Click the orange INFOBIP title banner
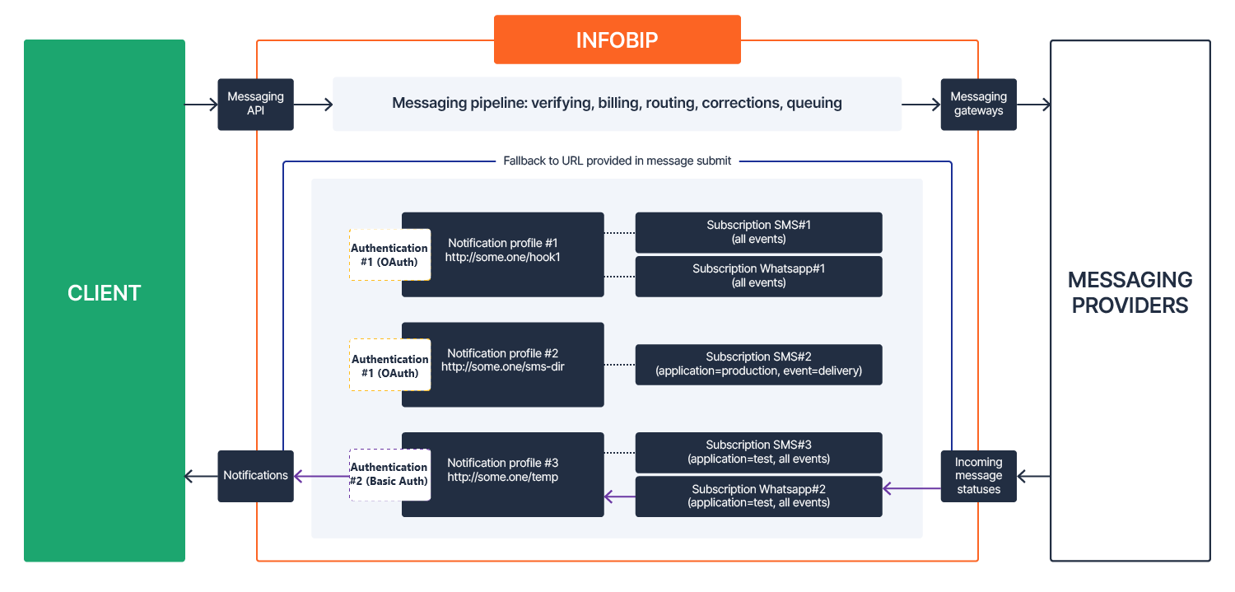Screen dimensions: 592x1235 pyautogui.click(x=617, y=40)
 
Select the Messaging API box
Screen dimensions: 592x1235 pyautogui.click(x=255, y=104)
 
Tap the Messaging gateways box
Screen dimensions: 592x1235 pyautogui.click(x=978, y=104)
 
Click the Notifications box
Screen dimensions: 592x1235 pyautogui.click(x=255, y=475)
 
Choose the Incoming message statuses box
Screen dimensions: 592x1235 pyautogui.click(x=978, y=475)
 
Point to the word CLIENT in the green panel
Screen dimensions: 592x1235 pyautogui.click(x=105, y=293)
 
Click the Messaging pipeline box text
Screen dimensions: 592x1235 pyautogui.click(x=617, y=104)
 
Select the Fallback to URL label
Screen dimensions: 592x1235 pyautogui.click(x=617, y=161)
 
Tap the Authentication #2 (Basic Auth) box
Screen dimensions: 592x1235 pyautogui.click(x=389, y=474)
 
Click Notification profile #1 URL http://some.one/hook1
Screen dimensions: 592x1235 pyautogui.click(x=502, y=257)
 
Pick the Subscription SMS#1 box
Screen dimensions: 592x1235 pyautogui.click(x=758, y=232)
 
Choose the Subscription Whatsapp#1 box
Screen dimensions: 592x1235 pyautogui.click(x=758, y=276)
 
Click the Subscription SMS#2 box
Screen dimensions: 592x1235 pyautogui.click(x=758, y=364)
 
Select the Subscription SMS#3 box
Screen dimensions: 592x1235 pyautogui.click(x=758, y=452)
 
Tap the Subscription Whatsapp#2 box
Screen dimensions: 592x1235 pyautogui.click(x=758, y=496)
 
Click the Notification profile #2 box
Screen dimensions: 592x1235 pyautogui.click(x=502, y=364)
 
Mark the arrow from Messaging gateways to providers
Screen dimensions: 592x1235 pyautogui.click(x=1034, y=105)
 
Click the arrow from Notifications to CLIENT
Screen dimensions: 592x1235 pyautogui.click(x=201, y=476)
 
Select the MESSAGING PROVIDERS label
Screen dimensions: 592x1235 pyautogui.click(x=1130, y=293)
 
